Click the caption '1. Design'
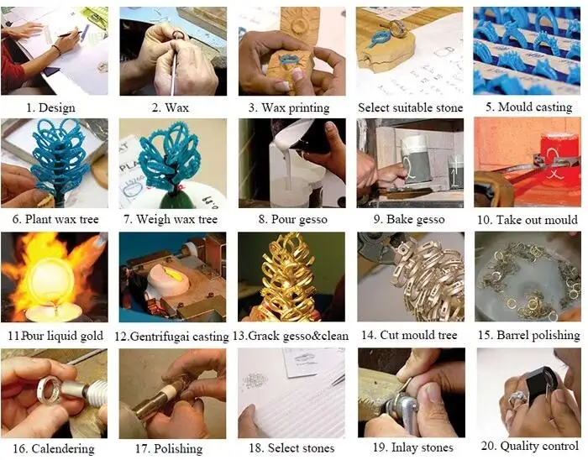pos(50,108)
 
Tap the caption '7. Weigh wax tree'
pos(171,219)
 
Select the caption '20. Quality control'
pos(529,446)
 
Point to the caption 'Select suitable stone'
pos(410,108)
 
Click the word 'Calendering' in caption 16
pos(63,448)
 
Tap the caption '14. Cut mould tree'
pos(409,335)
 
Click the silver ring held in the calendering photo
pos(48,390)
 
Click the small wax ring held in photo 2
pos(177,35)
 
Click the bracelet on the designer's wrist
pos(56,50)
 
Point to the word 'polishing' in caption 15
pos(556,335)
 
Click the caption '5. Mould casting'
pos(528,107)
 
